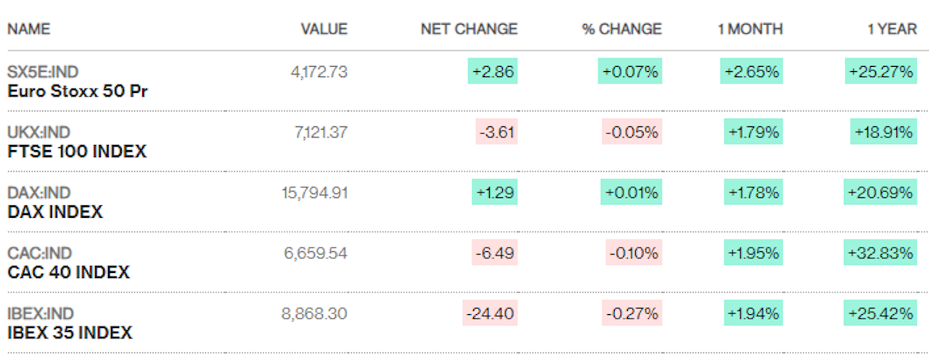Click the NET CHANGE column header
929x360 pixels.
coord(469,29)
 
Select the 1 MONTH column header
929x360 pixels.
coord(750,29)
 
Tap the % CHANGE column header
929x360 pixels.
coord(622,29)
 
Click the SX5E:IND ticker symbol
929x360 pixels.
coord(43,72)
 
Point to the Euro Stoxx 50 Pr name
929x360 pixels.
coord(78,91)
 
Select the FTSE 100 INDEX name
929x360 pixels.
coord(77,152)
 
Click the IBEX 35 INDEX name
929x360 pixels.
coord(70,332)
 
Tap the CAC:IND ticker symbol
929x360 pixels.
coord(40,253)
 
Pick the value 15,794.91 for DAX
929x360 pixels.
coord(314,193)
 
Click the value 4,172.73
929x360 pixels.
coord(319,72)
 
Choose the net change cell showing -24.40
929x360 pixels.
coord(490,313)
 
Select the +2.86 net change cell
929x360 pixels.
coord(493,71)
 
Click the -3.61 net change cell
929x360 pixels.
coord(496,131)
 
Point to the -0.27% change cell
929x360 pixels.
coord(632,313)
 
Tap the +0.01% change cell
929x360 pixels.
coord(631,192)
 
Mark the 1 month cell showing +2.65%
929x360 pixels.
coord(751,71)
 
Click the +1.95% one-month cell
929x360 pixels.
coord(753,253)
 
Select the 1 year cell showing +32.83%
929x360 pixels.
coord(880,253)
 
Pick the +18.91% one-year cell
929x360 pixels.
coord(883,131)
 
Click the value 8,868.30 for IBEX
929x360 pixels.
coord(314,314)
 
